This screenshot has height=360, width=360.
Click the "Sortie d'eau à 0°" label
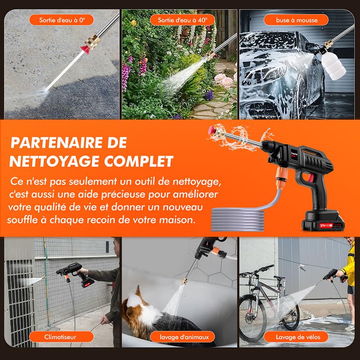[62, 20]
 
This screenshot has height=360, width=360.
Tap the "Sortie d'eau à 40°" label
[183, 20]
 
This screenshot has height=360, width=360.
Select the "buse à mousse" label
[296, 20]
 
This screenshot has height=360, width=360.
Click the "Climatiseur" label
[62, 337]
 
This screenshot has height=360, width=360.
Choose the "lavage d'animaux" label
[183, 337]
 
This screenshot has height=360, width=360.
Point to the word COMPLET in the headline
[139, 161]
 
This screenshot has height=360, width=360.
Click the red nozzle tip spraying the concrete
[85, 49]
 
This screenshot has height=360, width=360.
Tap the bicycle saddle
[279, 278]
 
